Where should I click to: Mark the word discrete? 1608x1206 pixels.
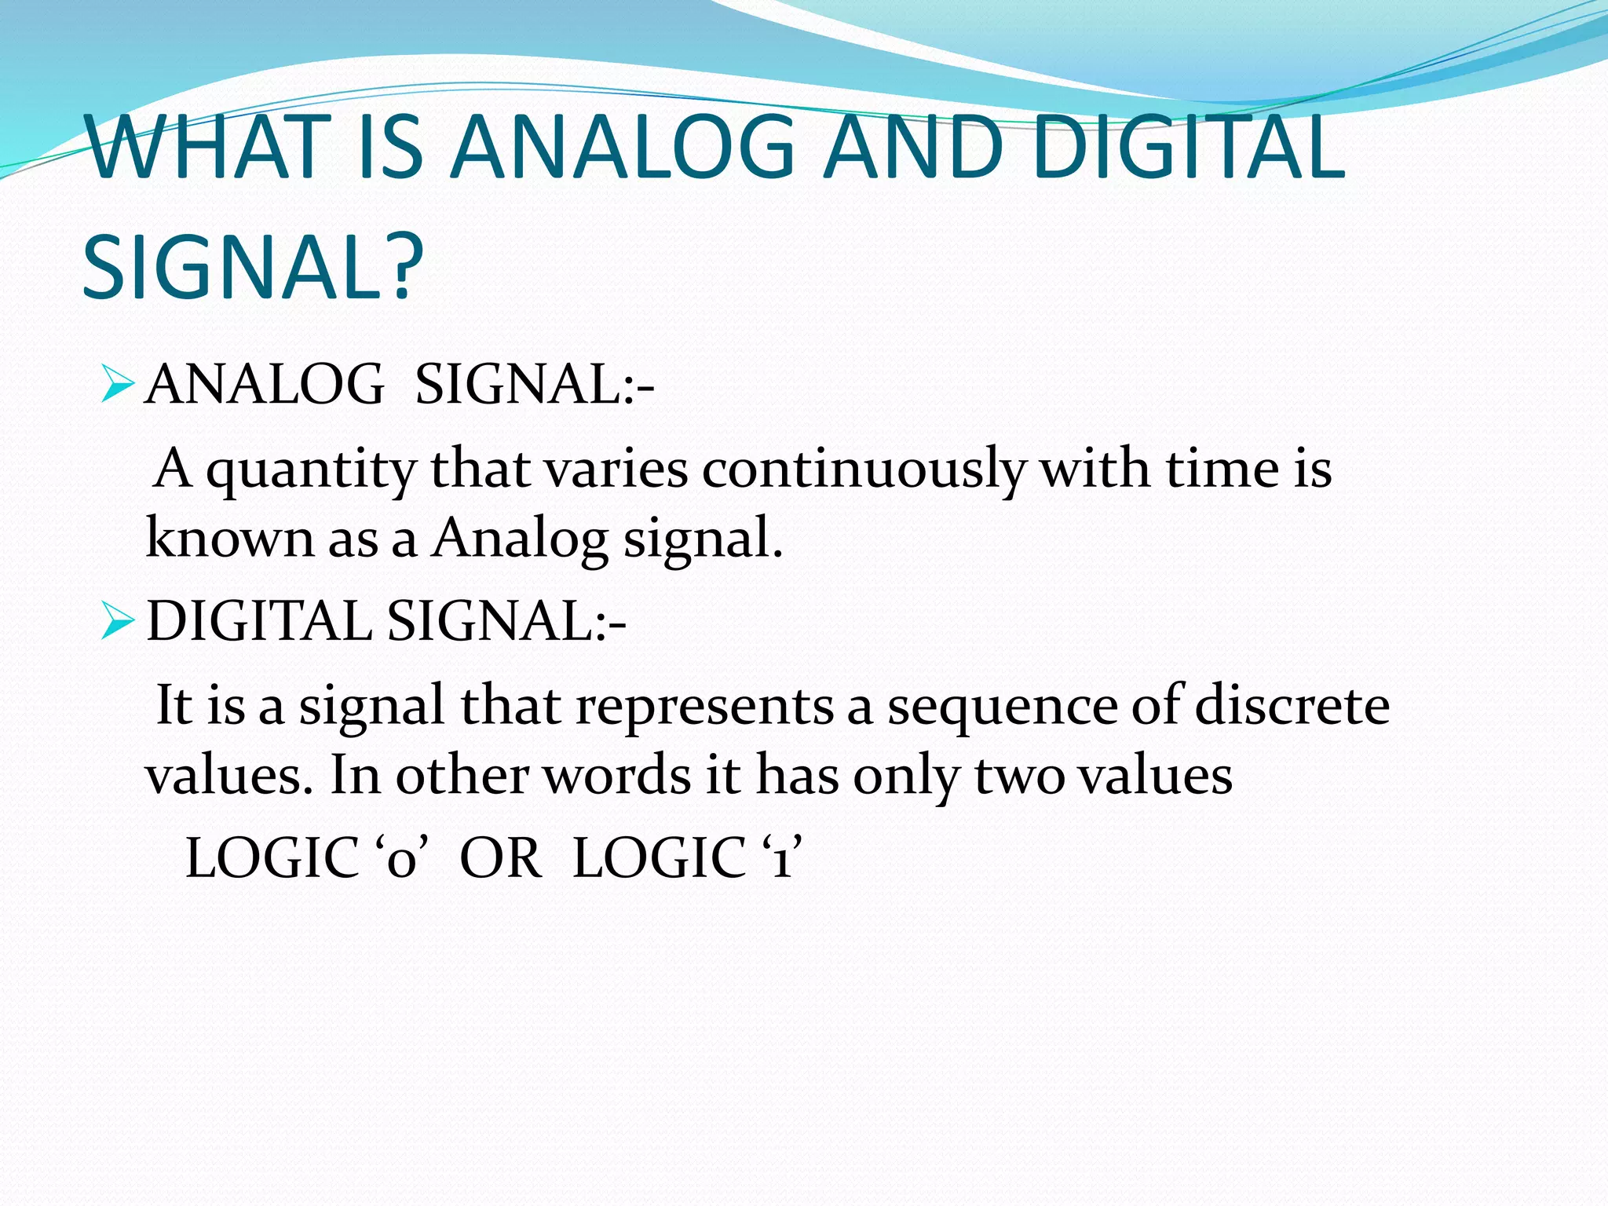pos(1292,705)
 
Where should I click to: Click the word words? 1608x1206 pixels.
pos(617,776)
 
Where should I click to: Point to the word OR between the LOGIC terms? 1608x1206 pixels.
pos(500,858)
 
